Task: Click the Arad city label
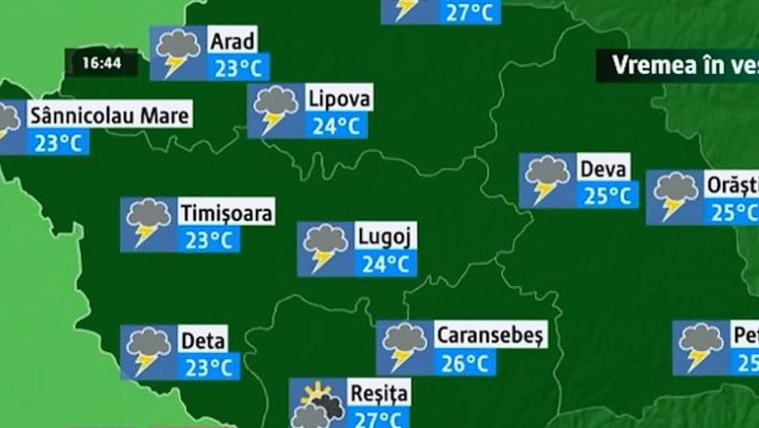click(233, 41)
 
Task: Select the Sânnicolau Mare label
click(109, 116)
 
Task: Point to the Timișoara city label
click(227, 212)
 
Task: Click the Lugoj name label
click(385, 236)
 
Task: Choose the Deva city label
click(603, 167)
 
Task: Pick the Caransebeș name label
click(490, 336)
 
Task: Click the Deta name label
click(203, 340)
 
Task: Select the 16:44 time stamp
click(101, 63)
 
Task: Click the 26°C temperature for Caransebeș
click(463, 364)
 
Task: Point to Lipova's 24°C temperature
click(336, 125)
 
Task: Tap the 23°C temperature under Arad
click(238, 68)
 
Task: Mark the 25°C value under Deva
click(608, 195)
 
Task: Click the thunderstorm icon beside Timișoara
click(147, 224)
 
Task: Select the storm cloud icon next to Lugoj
click(324, 248)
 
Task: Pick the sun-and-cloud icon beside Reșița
click(317, 404)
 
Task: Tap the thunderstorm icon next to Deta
click(147, 351)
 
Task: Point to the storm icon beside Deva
click(546, 180)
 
